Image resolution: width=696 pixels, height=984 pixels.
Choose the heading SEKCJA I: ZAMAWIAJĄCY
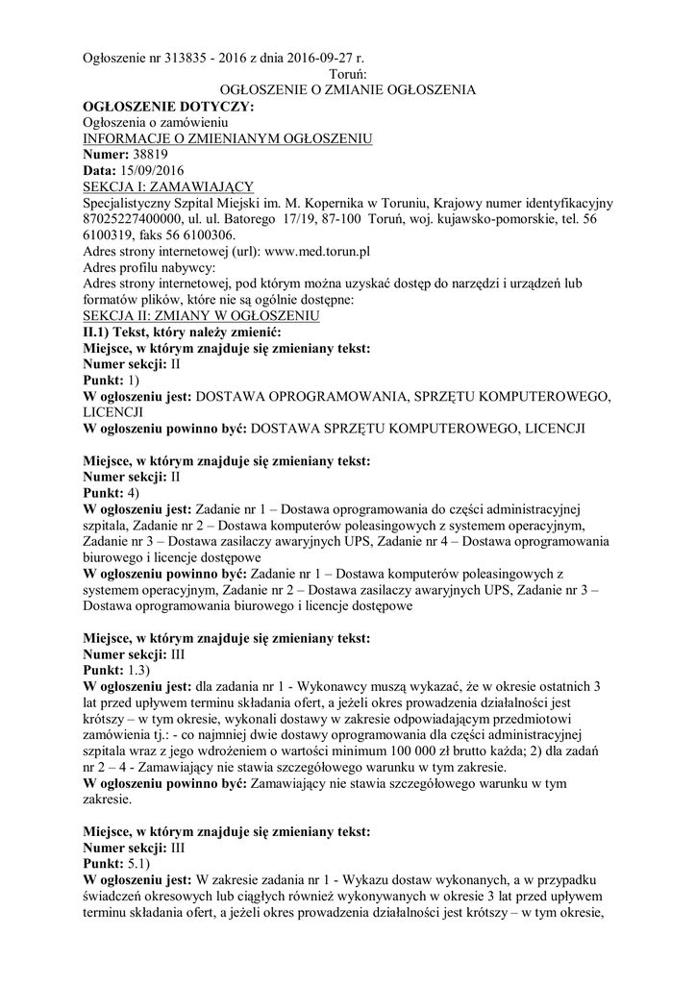coord(168,187)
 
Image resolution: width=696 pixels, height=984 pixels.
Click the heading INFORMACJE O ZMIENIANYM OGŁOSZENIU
coord(228,138)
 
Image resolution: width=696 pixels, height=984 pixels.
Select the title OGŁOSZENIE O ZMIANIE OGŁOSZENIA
coord(348,90)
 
